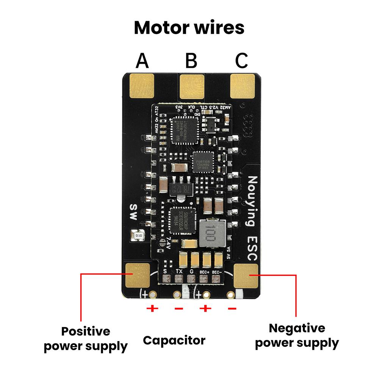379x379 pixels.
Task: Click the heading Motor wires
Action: (x=189, y=28)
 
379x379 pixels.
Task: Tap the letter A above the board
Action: (x=142, y=61)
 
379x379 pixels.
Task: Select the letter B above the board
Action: (x=191, y=61)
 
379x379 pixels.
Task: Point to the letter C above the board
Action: (x=241, y=61)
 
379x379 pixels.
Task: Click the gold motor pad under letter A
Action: (x=142, y=86)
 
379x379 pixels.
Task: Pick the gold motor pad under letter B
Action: (x=192, y=86)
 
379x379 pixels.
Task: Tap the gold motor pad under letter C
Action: (x=243, y=86)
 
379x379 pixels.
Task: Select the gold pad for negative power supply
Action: (x=246, y=276)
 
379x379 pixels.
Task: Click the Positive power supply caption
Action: (x=86, y=338)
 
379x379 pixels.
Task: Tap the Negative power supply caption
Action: (x=297, y=335)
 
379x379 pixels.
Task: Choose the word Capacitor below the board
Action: (x=174, y=340)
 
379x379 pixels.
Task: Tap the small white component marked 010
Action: (x=137, y=235)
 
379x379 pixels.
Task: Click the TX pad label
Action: (x=179, y=271)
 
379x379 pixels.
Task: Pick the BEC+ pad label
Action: (x=204, y=271)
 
